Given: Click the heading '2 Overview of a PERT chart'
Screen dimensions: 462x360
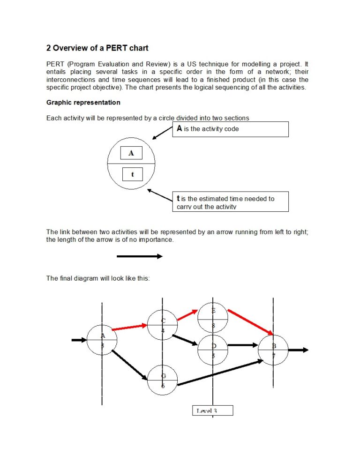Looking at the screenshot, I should point(97,48).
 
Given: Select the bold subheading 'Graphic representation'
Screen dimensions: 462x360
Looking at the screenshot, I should point(83,103).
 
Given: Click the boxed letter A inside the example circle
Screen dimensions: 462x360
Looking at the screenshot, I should point(131,153).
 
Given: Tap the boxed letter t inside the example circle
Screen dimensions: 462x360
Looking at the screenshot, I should point(132,174).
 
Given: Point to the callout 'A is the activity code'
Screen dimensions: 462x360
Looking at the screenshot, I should point(231,129).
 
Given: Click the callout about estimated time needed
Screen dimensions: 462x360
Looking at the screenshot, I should point(231,202).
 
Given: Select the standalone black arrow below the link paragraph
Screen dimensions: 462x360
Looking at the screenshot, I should point(140,256).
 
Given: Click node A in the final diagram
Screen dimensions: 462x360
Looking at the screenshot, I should point(102,340).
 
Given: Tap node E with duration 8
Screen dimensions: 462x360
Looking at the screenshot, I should point(213,318).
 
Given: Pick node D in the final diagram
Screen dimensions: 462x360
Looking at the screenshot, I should point(213,350).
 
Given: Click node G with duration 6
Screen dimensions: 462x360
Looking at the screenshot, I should point(163,380).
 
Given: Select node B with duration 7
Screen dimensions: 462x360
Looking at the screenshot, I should point(273,350).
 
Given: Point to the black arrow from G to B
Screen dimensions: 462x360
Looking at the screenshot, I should point(220,373).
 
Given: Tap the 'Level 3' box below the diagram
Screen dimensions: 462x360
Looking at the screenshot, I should point(212,410).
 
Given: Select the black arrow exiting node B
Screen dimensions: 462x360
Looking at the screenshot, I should point(298,350).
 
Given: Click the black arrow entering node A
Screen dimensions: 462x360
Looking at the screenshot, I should point(78,340).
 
